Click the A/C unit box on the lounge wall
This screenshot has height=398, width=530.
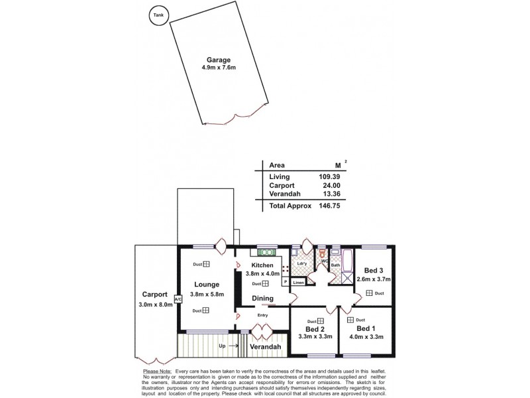[177, 299]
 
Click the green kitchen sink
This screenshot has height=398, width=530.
[267, 253]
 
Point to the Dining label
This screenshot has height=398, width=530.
[263, 298]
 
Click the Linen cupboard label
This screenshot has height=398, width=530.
[299, 283]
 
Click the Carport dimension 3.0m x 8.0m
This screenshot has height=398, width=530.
[154, 304]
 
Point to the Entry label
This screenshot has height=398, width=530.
[262, 315]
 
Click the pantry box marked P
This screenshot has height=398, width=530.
[286, 282]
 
